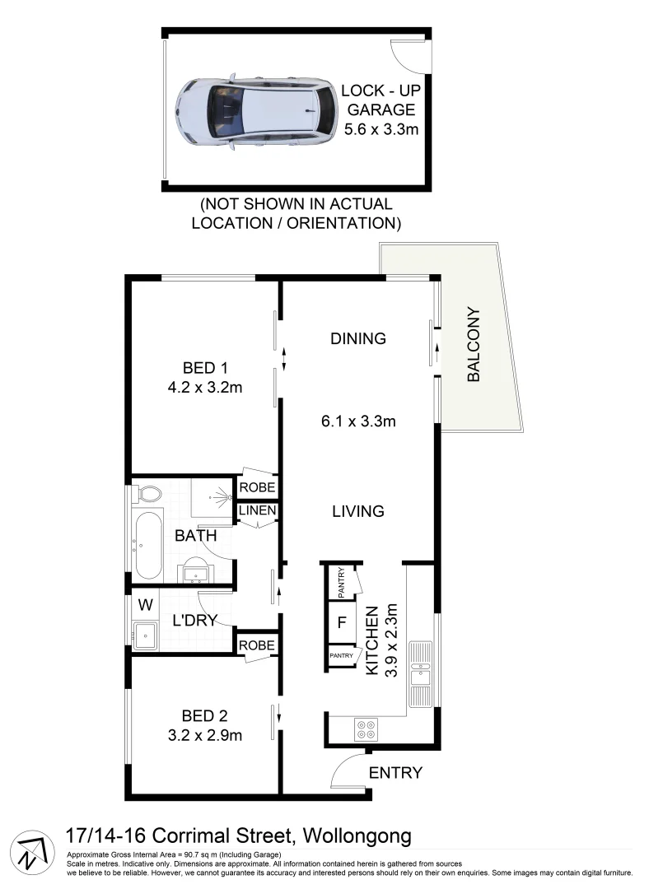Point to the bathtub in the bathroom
[x=148, y=543]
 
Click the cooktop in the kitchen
[x=365, y=729]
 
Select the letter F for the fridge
[x=340, y=623]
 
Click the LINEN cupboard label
[x=256, y=513]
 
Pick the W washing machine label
[x=146, y=605]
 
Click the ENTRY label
[x=395, y=773]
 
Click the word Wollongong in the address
[x=357, y=836]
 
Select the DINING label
[x=357, y=338]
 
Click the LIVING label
[x=357, y=511]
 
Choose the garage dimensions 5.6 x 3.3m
[x=380, y=129]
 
